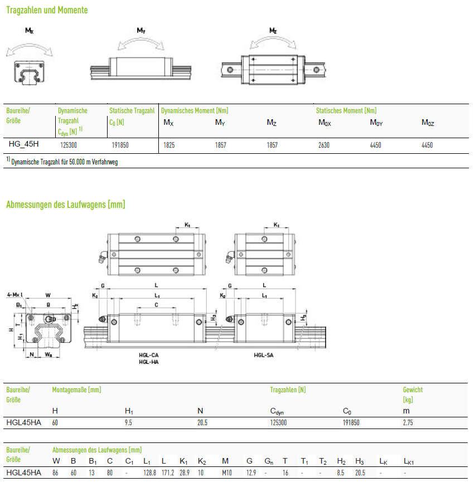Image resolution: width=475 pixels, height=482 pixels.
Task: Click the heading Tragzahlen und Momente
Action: coord(47,10)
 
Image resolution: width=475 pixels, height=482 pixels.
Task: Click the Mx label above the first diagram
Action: coord(29,31)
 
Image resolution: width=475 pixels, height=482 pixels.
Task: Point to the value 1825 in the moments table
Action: coord(169,145)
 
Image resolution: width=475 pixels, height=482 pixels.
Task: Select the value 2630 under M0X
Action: coord(324,145)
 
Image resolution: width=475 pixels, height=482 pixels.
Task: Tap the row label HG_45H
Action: coord(23,144)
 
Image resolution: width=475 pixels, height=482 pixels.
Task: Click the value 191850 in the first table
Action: coord(120,145)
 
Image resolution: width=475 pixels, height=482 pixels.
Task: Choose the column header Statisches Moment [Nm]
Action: coord(346,111)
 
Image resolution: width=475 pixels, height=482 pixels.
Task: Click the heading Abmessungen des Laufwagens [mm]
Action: coord(66,205)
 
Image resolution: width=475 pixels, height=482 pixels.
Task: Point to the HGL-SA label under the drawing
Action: coord(264,355)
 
